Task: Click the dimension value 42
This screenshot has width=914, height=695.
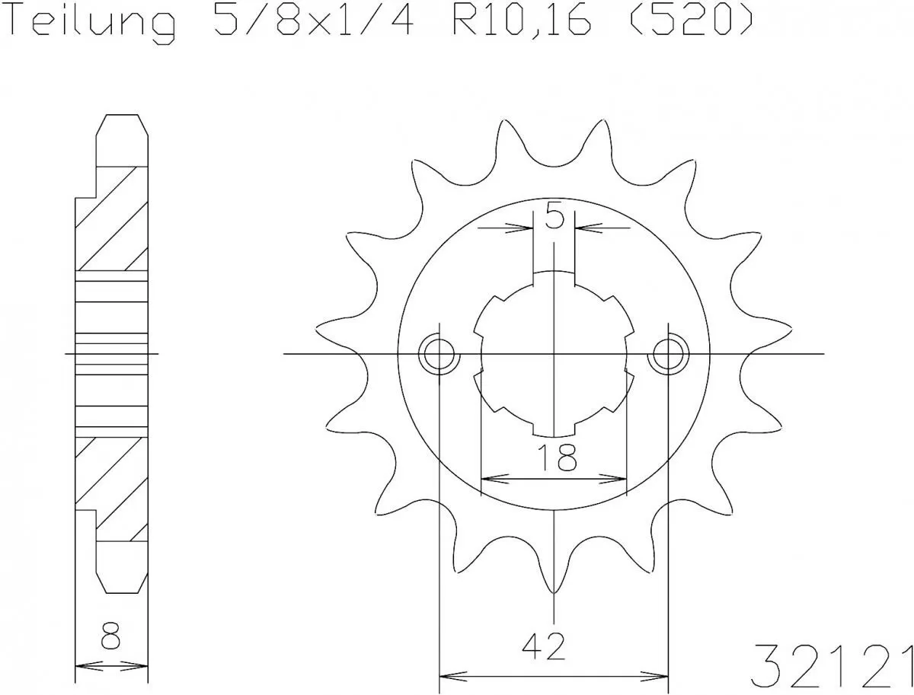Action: click(545, 647)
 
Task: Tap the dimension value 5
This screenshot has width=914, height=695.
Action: click(554, 218)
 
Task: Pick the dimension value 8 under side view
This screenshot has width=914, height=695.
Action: click(110, 636)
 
